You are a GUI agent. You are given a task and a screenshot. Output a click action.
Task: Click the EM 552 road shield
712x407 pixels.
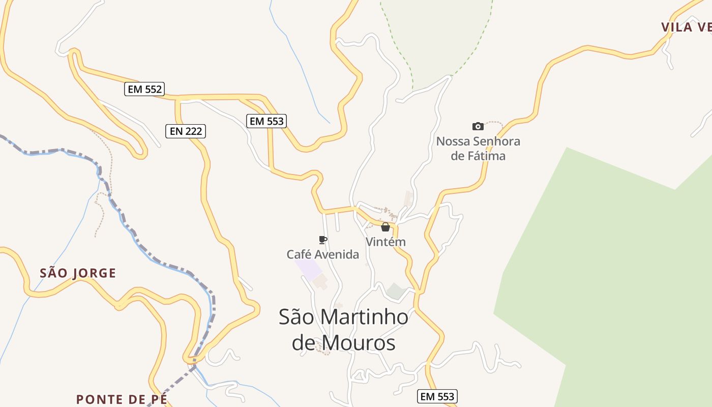tap(144, 90)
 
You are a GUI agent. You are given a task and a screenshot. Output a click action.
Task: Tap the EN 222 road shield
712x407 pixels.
tap(186, 131)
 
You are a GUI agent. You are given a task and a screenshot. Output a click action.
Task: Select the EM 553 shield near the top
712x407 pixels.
tap(266, 121)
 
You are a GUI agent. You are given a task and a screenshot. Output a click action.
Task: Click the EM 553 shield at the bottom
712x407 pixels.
tap(437, 396)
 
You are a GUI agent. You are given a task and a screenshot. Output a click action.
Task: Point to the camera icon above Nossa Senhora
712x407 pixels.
tap(478, 126)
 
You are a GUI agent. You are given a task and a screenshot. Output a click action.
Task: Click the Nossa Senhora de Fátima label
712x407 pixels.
tap(478, 149)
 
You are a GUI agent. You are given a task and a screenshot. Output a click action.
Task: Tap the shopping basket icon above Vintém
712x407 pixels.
tap(385, 227)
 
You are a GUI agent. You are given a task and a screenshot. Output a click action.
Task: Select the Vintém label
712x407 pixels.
tap(386, 242)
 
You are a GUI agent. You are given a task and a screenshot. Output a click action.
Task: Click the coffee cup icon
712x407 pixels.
tap(322, 240)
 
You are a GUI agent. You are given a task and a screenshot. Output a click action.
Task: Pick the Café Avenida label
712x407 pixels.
tap(322, 254)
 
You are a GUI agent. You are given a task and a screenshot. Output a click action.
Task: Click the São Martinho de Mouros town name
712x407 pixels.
tap(343, 330)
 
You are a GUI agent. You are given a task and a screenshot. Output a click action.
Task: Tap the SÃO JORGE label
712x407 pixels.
tap(78, 273)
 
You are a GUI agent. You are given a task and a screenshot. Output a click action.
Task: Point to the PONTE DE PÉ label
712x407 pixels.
tap(121, 399)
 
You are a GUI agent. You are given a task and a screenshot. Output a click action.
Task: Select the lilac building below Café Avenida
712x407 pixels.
tap(309, 269)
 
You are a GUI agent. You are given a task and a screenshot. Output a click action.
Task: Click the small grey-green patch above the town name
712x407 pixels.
tap(396, 291)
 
